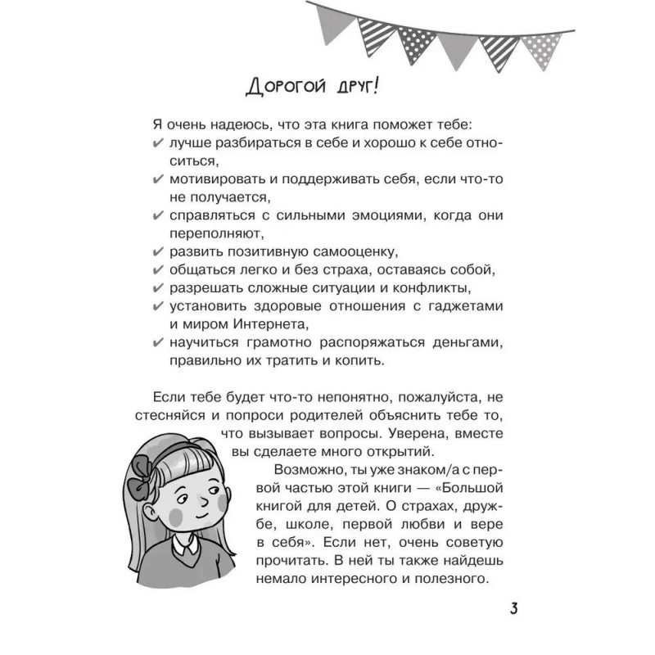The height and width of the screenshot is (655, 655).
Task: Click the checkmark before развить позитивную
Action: click(158, 252)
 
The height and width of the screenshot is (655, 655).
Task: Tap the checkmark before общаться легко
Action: click(158, 270)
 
